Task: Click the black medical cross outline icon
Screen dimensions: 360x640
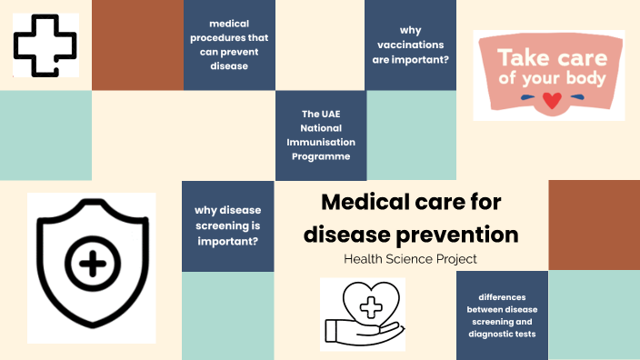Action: (45, 45)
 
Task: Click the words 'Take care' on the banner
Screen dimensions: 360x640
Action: (548, 56)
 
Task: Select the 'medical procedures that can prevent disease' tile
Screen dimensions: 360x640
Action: (229, 45)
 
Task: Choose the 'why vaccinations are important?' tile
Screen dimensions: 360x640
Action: (411, 45)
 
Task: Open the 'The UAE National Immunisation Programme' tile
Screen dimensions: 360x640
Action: (321, 135)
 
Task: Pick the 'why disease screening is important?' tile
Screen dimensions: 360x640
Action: (228, 225)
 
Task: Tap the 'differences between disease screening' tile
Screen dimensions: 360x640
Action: (502, 315)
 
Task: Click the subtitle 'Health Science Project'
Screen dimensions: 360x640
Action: (411, 259)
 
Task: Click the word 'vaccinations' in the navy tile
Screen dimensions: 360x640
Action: (411, 45)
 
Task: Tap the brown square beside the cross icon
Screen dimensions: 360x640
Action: (137, 45)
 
